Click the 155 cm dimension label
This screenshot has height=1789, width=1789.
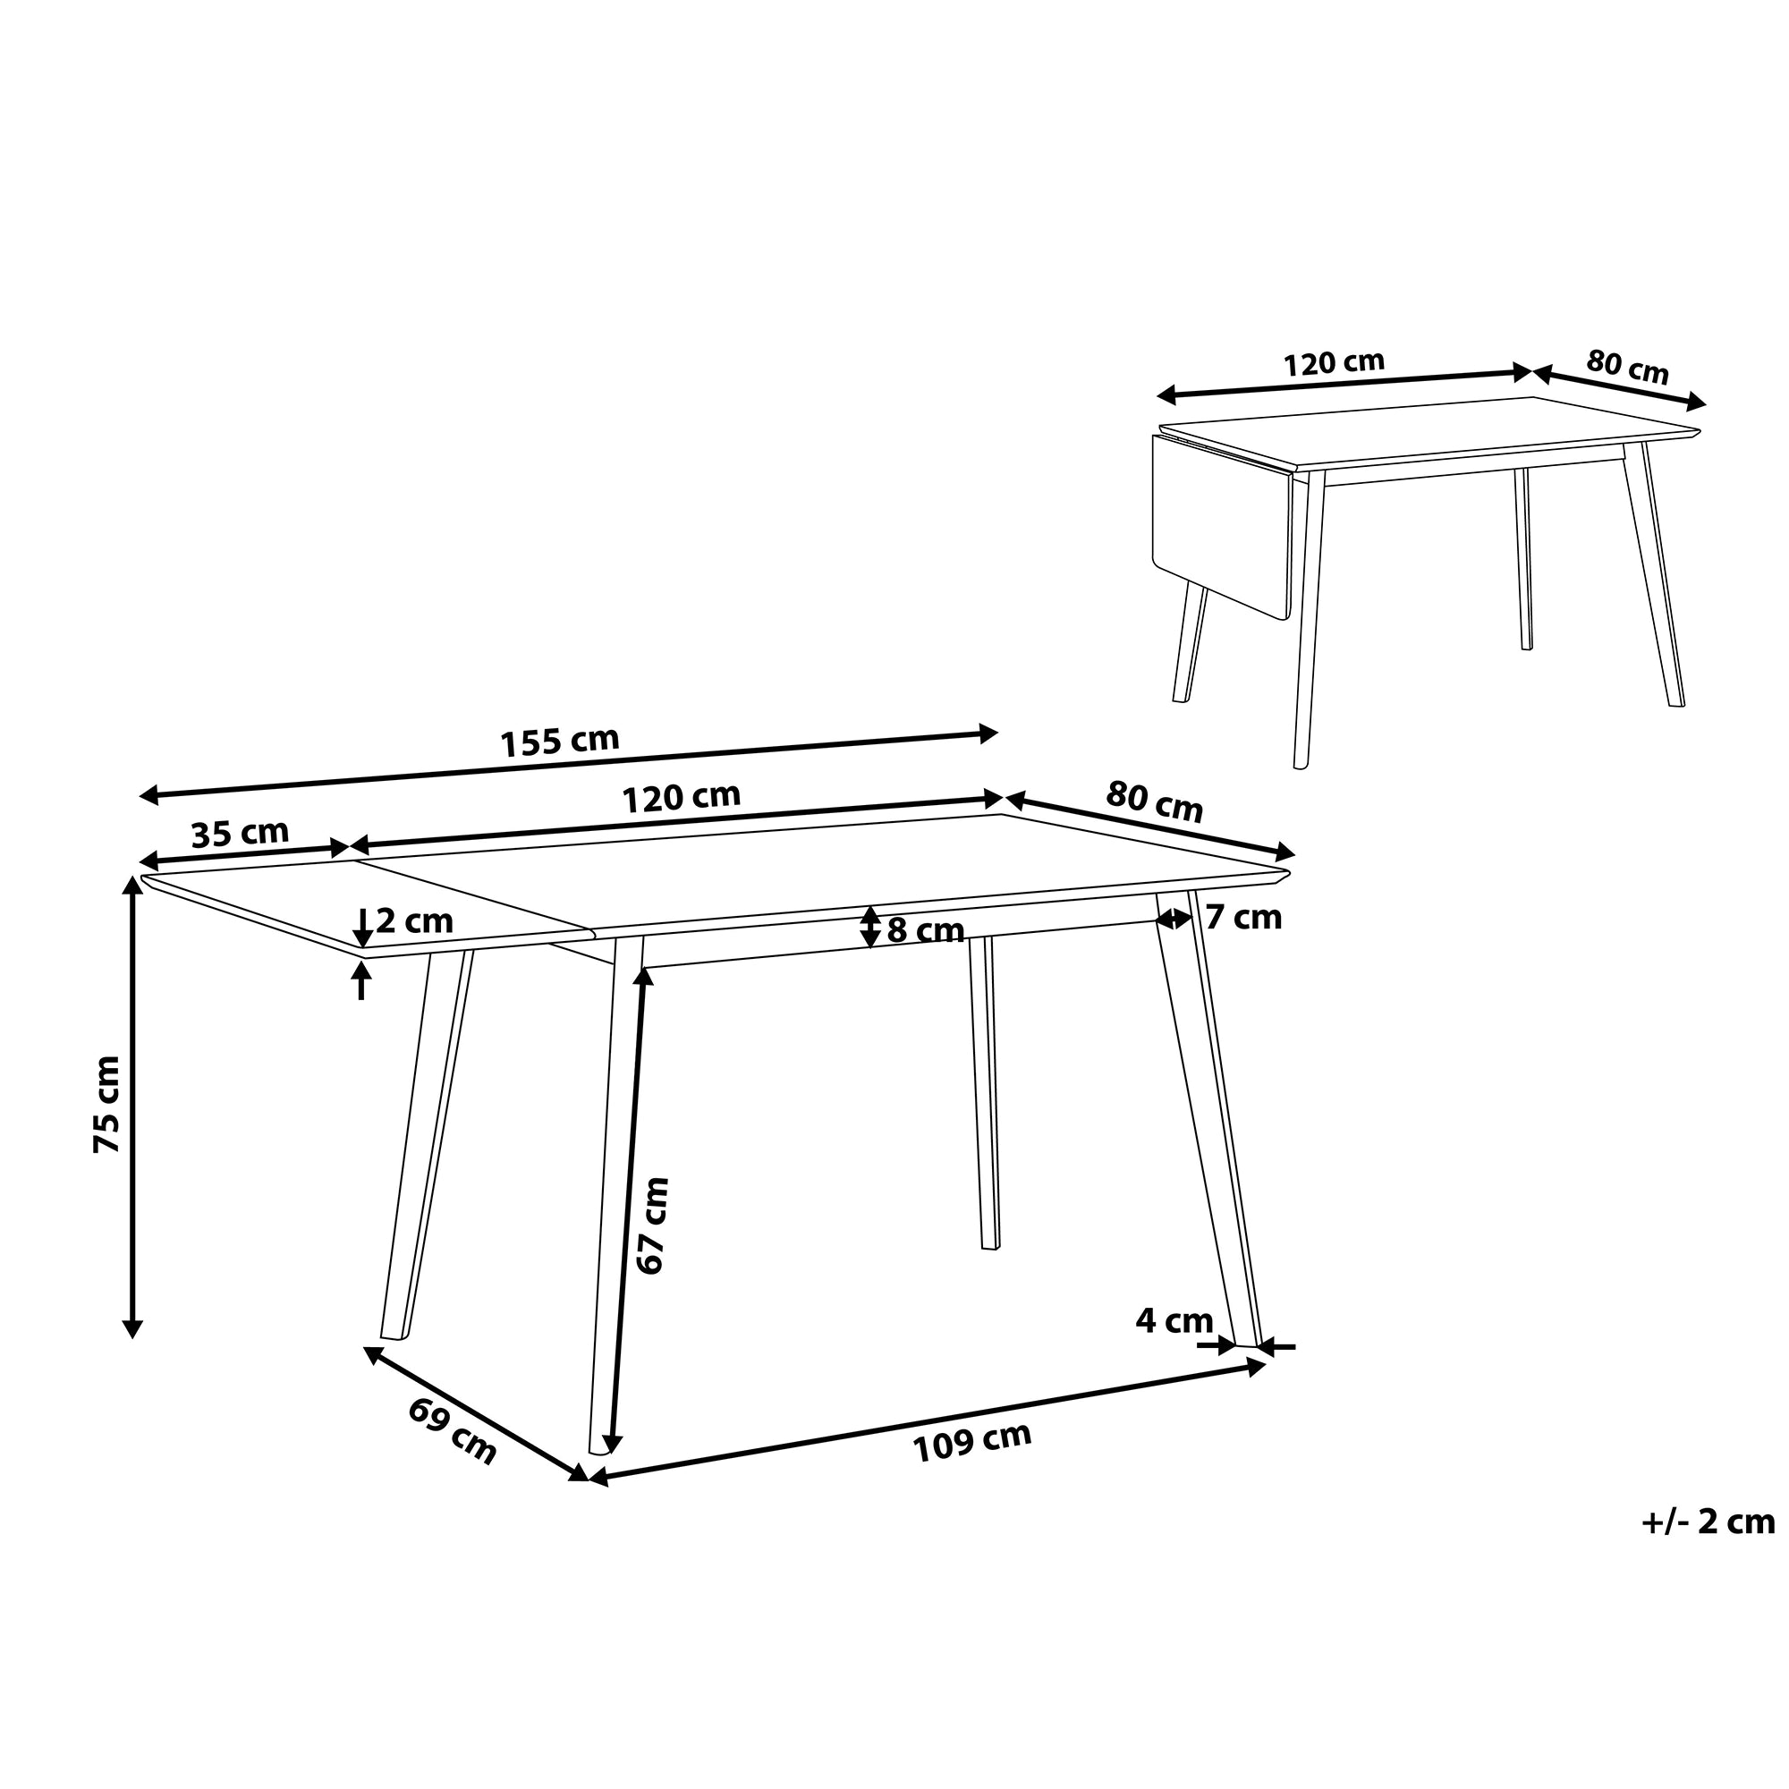click(559, 742)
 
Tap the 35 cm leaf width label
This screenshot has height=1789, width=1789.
click(240, 834)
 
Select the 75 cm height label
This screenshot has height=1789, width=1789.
click(107, 1105)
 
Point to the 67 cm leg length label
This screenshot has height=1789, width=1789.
click(653, 1226)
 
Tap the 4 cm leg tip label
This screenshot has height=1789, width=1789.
click(1174, 1320)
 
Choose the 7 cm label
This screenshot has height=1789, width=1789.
click(1243, 918)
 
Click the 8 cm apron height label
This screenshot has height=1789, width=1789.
click(925, 929)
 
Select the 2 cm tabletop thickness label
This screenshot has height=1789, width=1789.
click(414, 920)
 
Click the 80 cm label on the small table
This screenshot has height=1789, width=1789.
click(1627, 367)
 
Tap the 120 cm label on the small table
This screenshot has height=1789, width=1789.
click(1334, 363)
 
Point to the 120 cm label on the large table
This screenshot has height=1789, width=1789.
click(681, 797)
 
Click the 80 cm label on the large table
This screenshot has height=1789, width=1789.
click(1155, 801)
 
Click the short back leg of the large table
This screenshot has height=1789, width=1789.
click(984, 1093)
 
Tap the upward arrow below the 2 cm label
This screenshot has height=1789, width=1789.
click(361, 980)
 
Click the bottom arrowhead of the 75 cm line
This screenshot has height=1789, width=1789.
click(132, 1330)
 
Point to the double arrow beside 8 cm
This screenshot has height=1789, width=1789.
click(870, 927)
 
